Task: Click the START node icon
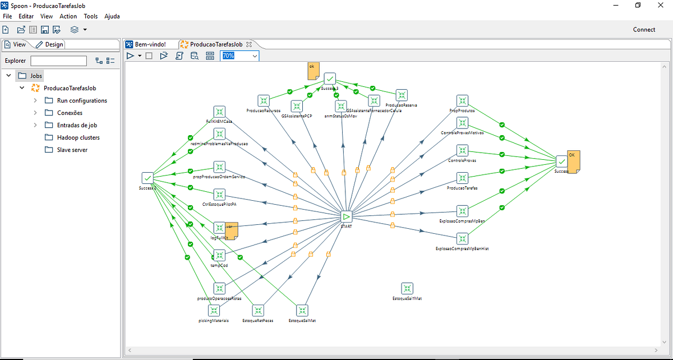point(347,216)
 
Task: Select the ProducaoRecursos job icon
point(263,100)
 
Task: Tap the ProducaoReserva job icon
point(402,95)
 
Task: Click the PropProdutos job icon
point(462,100)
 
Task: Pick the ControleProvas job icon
point(462,150)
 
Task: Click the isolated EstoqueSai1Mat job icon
point(407,288)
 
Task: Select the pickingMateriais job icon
point(214,310)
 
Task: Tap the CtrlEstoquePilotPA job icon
point(219,195)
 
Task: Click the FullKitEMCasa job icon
point(219,112)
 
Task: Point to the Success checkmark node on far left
point(148,178)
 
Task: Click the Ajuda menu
point(112,16)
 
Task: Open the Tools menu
point(91,16)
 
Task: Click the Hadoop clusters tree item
point(79,137)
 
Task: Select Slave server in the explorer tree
point(72,150)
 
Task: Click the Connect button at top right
point(644,30)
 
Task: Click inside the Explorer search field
point(58,61)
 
